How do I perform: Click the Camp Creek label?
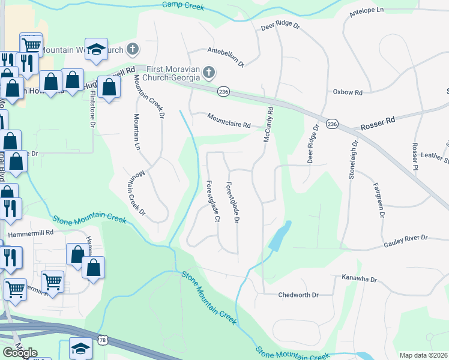(x=184, y=6)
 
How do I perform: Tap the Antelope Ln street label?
(x=366, y=10)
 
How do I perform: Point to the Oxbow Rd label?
(x=348, y=92)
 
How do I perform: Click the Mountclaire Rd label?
(x=229, y=121)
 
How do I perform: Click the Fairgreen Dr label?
(x=378, y=199)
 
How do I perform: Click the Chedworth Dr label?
(x=298, y=295)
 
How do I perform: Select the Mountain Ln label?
(x=137, y=131)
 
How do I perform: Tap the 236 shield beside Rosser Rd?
(x=332, y=124)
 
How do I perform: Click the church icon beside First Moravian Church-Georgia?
(x=208, y=73)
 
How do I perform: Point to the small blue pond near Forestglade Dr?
(x=280, y=236)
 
